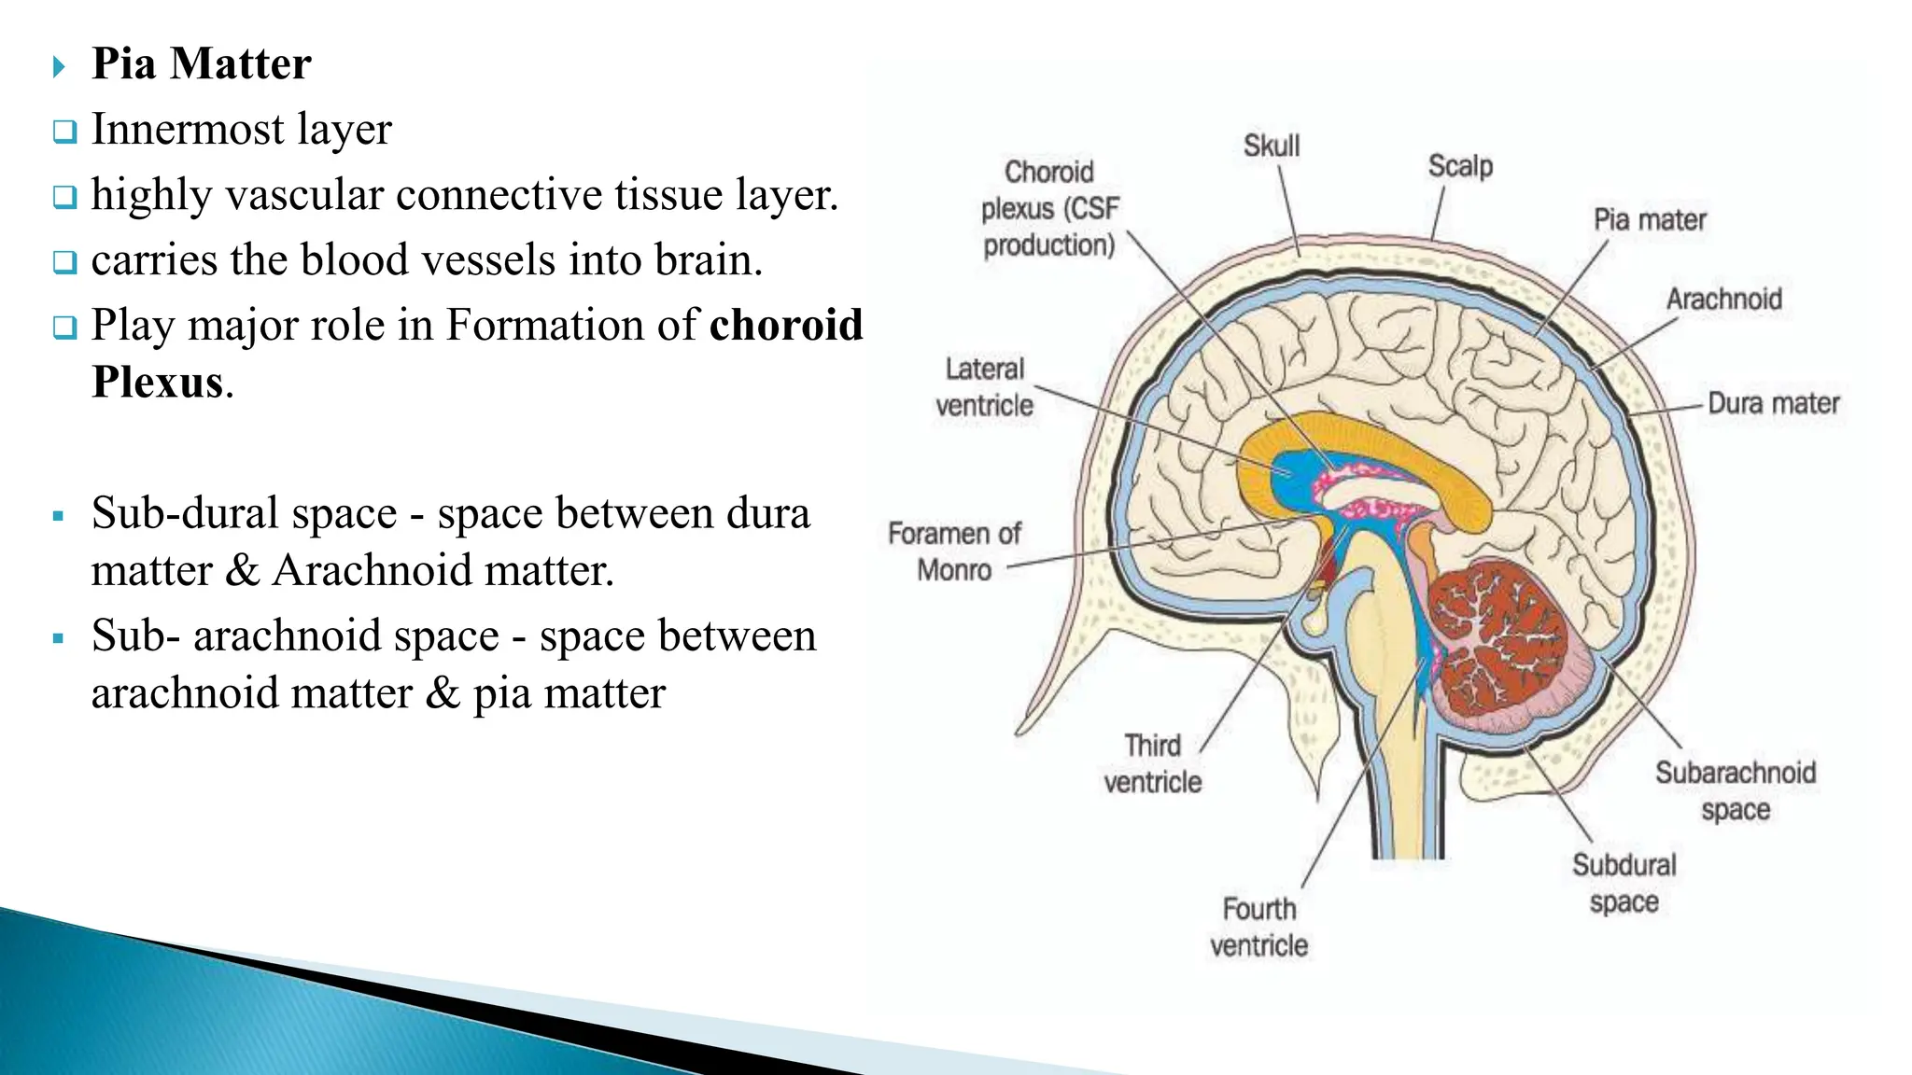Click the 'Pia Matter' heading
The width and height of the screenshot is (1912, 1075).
(201, 64)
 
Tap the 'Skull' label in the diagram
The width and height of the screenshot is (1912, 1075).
(1271, 146)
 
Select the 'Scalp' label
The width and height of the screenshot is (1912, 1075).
(1460, 166)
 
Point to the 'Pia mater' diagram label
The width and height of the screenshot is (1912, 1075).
(1649, 220)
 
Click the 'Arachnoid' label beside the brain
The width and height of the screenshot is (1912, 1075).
(1723, 300)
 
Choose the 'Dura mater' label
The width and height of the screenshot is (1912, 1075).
(1773, 403)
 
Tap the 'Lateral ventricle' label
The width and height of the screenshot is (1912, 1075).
(984, 387)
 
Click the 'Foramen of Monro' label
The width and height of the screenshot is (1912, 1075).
(954, 551)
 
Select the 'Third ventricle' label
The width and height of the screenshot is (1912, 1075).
(1152, 763)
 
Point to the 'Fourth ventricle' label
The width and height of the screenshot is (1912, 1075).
(1258, 927)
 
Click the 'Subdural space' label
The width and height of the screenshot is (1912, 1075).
(1624, 883)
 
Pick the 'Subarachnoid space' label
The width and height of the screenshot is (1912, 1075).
(1735, 790)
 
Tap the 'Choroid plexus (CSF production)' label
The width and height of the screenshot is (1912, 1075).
(1048, 208)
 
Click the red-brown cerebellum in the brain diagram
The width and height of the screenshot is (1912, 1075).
(1494, 644)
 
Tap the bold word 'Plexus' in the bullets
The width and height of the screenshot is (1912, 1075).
(158, 383)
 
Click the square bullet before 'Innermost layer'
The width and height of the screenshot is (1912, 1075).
(64, 132)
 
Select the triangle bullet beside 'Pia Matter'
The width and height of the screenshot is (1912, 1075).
(59, 66)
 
